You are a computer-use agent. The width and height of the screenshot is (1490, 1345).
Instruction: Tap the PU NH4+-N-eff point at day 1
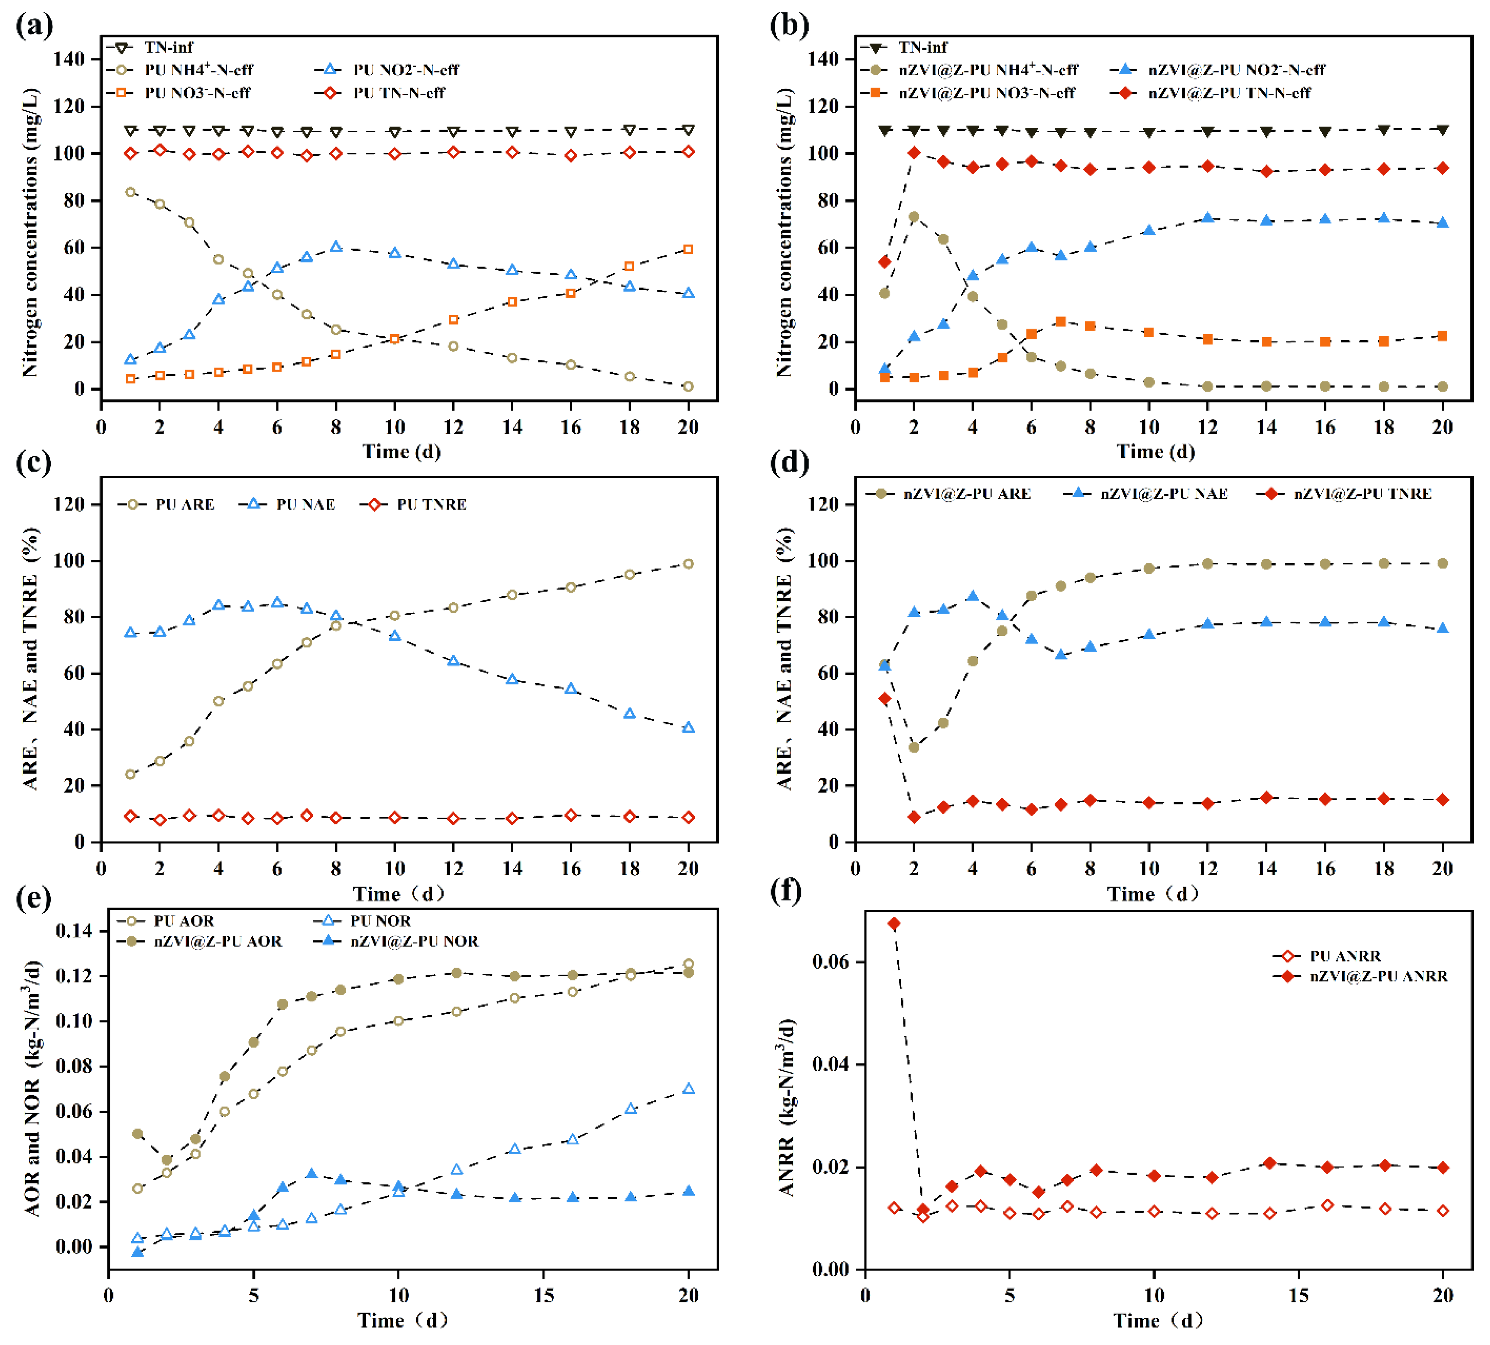click(131, 192)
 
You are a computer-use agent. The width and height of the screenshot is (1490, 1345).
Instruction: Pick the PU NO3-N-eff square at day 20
click(688, 250)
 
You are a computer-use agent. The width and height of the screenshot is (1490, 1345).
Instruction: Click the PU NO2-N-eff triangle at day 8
click(336, 247)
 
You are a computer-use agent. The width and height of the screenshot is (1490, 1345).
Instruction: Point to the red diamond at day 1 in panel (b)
click(885, 262)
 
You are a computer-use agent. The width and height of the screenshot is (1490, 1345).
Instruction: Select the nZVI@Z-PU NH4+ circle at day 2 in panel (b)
click(914, 216)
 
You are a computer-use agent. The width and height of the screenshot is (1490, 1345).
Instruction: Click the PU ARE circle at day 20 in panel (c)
click(688, 564)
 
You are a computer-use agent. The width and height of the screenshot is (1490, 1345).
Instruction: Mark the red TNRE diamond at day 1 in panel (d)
click(885, 698)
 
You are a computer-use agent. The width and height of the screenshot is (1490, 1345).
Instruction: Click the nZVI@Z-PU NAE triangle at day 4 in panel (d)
click(973, 596)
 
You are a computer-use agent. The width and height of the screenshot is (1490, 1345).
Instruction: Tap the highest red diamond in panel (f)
click(894, 924)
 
